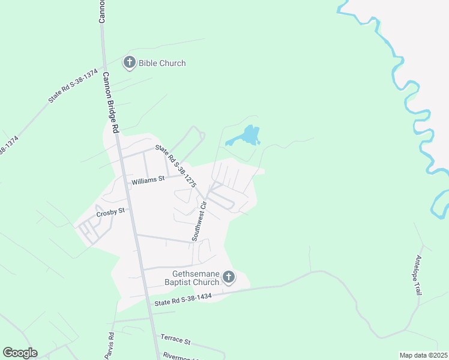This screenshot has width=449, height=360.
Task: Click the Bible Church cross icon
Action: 129,62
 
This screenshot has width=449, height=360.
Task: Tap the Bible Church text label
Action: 162,63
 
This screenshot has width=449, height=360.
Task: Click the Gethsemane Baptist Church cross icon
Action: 228,277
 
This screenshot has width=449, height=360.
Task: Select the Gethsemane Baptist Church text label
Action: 191,278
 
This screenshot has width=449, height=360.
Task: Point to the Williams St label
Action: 148,179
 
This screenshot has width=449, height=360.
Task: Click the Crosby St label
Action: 110,211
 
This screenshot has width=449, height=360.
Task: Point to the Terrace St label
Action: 174,340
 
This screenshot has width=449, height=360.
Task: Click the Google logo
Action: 20,353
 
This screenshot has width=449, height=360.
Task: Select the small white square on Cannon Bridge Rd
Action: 129,186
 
